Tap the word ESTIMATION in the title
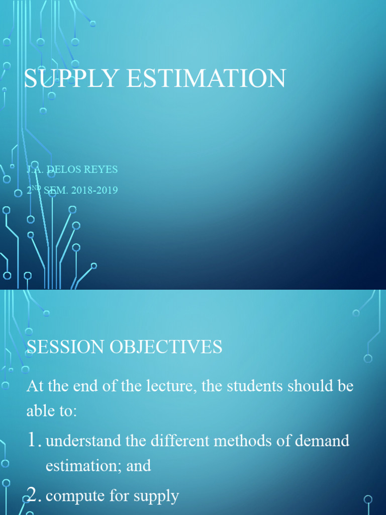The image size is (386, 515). point(206,78)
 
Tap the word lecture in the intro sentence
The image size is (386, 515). point(166,386)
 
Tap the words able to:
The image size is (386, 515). point(52,411)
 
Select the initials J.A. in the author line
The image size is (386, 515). point(35,169)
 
